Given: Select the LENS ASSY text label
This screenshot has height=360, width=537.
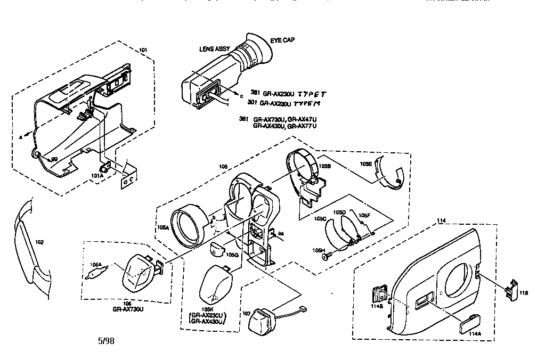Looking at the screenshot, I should tap(214, 49).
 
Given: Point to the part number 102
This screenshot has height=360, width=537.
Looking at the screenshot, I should tap(39, 242).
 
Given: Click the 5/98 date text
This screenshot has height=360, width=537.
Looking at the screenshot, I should tap(105, 341).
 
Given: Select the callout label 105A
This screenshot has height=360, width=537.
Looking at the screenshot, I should tap(162, 227).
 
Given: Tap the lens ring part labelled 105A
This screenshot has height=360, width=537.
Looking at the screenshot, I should tap(189, 226).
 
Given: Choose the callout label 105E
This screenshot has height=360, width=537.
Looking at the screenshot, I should tap(365, 165).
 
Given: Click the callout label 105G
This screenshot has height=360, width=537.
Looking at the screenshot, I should tap(232, 255).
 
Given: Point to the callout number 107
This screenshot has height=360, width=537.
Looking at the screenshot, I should tap(246, 314).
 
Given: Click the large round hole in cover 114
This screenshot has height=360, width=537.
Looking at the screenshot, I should tap(455, 281).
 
